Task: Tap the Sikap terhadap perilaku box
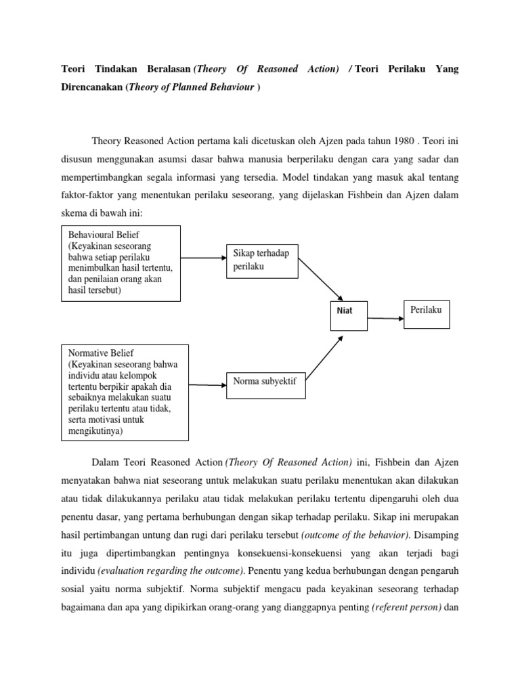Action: point(262,261)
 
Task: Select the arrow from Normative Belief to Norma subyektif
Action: point(207,384)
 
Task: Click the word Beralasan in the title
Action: point(165,70)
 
